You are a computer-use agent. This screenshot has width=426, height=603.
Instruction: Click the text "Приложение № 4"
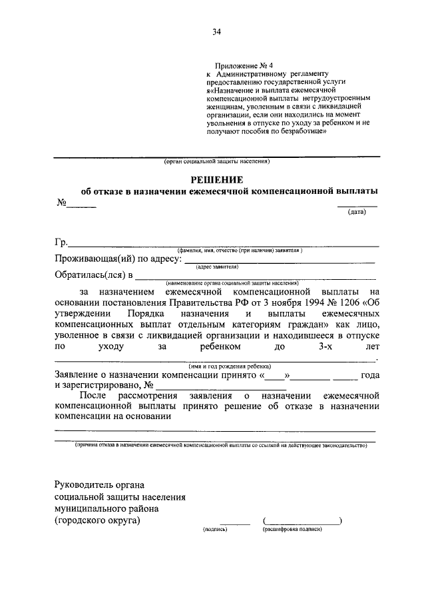pyautogui.click(x=234, y=65)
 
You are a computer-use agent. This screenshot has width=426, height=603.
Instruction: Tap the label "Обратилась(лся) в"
pyautogui.click(x=94, y=275)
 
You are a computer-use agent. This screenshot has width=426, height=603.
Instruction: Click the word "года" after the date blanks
pyautogui.click(x=369, y=374)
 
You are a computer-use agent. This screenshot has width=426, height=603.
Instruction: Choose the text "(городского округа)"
pyautogui.click(x=98, y=520)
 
